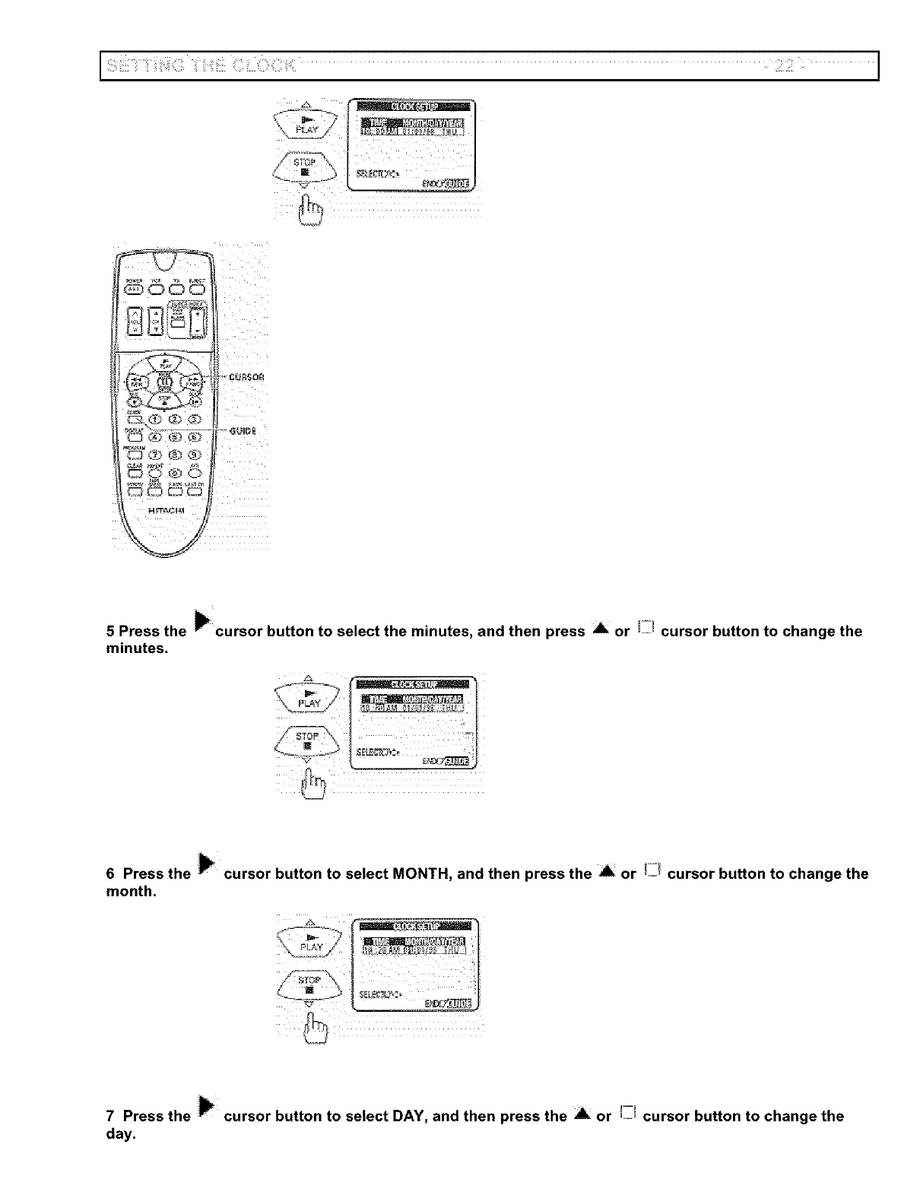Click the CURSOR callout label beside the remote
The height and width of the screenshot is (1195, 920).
tap(246, 377)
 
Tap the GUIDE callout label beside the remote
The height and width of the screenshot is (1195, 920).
tap(243, 431)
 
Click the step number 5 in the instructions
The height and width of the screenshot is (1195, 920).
tap(110, 632)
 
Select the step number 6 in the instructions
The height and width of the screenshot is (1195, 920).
tap(110, 874)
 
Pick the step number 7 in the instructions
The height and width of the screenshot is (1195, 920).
tap(110, 1117)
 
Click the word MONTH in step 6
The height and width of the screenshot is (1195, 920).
tap(420, 874)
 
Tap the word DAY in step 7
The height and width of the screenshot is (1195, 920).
tap(408, 1117)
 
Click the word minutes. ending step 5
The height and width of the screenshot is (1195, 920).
tap(137, 648)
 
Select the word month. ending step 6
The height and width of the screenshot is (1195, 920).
tap(131, 892)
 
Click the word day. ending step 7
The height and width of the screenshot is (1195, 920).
tap(121, 1134)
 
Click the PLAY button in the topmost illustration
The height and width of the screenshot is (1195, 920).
tap(306, 124)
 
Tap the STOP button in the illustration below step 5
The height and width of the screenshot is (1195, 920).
tap(307, 740)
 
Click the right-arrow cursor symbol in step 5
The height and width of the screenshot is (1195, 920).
tap(201, 622)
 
